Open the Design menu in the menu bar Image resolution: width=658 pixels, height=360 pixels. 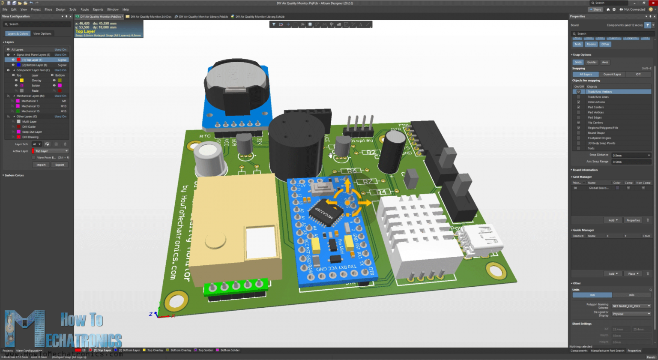point(60,9)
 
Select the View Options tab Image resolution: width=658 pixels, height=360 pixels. point(42,33)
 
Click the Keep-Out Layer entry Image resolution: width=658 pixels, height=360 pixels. point(32,132)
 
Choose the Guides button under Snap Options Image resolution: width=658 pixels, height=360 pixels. point(592,62)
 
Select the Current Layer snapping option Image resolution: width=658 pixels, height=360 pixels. point(612,74)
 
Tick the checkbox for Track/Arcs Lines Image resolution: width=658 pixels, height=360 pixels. point(578,97)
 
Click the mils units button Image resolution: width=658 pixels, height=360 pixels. point(631,295)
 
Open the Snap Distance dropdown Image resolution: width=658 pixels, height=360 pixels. point(631,155)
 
